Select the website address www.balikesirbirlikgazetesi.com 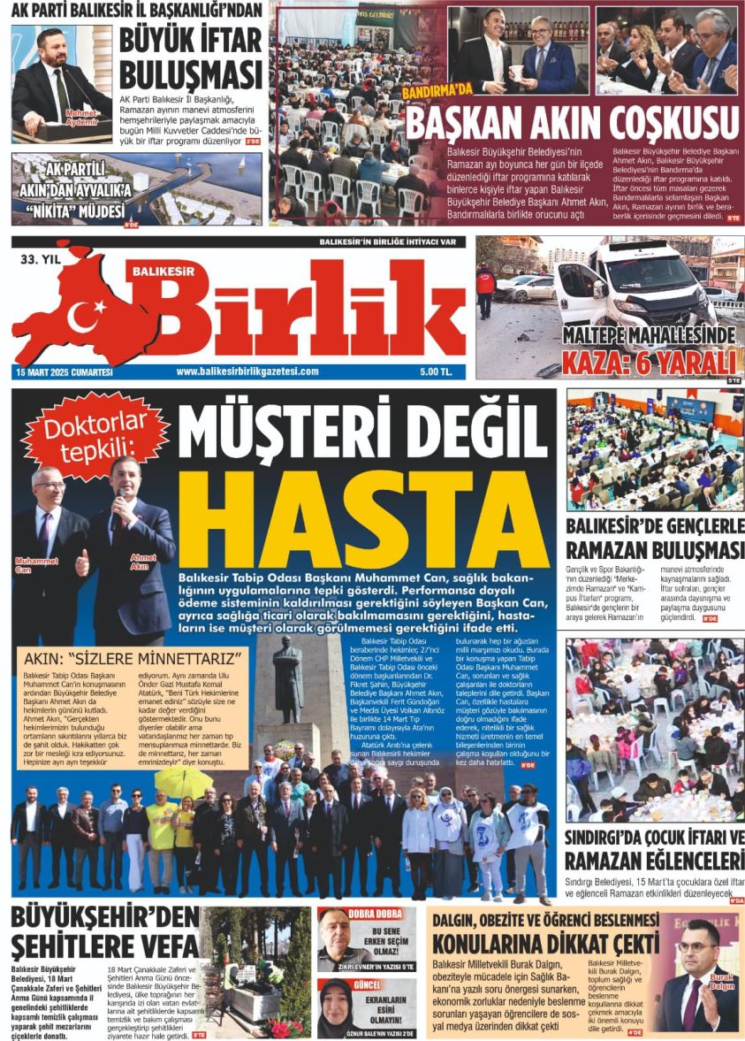tap(247, 371)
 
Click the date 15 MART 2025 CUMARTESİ tap(64, 372)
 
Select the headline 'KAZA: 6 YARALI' tap(649, 364)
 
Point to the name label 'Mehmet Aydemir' tap(81, 117)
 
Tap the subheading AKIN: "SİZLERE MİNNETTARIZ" tap(133, 659)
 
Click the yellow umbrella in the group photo tap(183, 780)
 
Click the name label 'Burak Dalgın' tap(722, 981)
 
